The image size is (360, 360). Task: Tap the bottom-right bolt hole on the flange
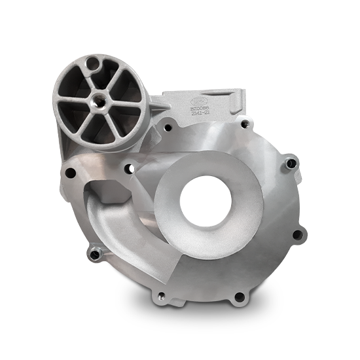pos(239,297)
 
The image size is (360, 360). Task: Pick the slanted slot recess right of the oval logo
pos(228,101)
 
